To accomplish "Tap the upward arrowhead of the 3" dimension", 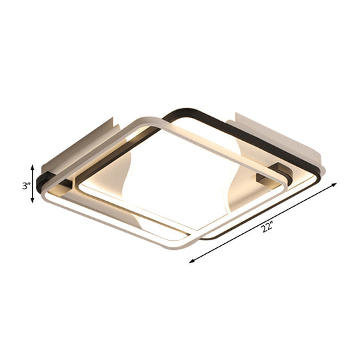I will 32,167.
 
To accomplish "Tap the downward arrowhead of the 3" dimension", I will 32,202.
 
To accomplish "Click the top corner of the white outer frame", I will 153,120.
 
